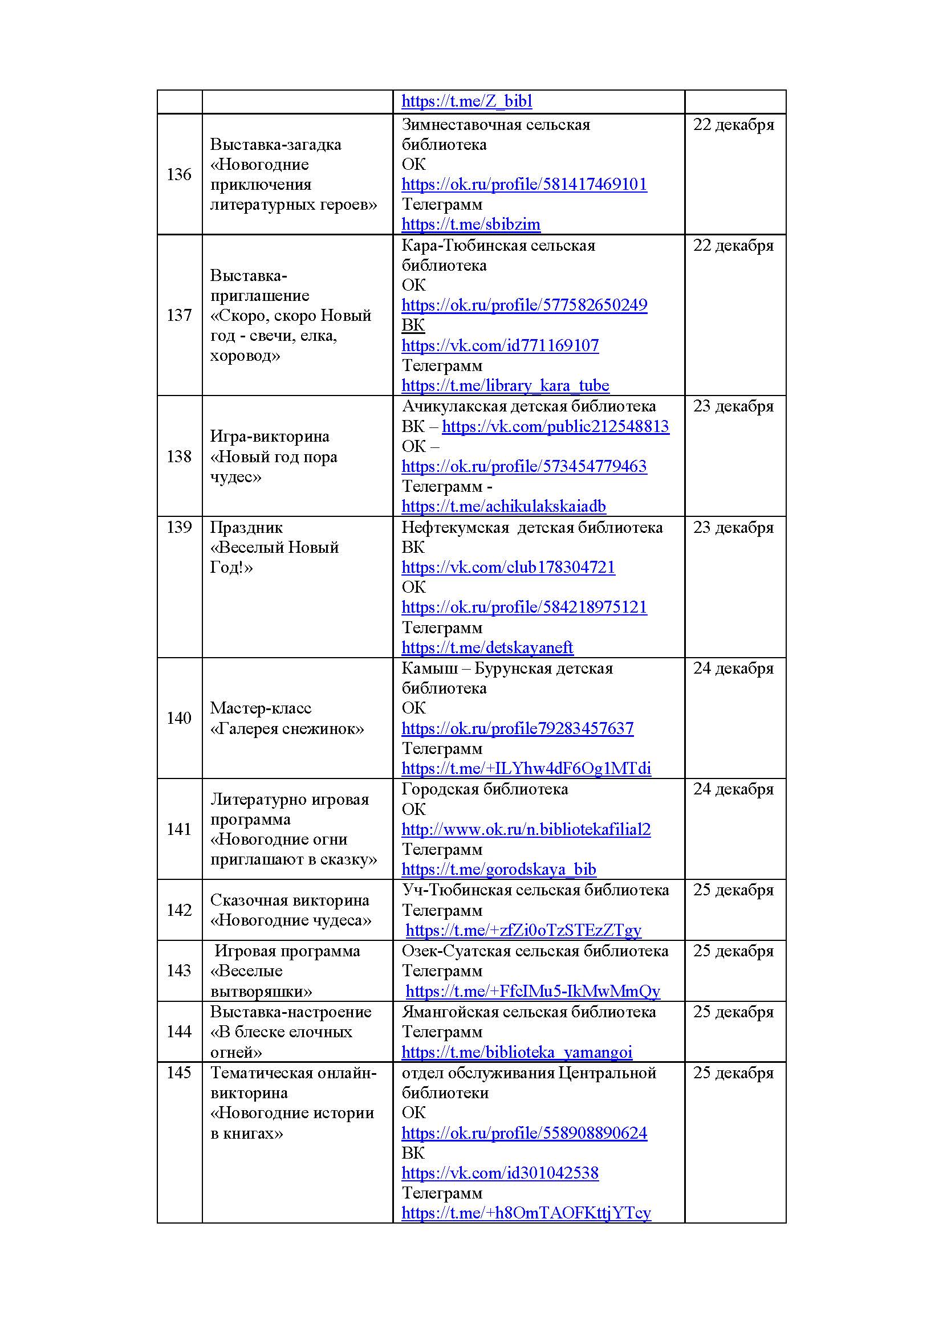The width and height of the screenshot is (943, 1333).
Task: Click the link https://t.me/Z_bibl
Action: pos(466,101)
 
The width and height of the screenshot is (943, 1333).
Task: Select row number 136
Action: pos(179,174)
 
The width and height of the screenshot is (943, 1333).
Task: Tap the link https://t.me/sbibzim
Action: pos(470,224)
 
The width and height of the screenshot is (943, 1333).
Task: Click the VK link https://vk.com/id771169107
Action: pos(499,345)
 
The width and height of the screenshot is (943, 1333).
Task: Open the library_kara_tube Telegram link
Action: pos(505,385)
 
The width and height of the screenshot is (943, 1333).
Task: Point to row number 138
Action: pos(179,456)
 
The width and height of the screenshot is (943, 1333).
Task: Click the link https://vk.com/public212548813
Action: pos(555,426)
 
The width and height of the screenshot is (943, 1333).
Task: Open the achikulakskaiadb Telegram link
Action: pos(503,506)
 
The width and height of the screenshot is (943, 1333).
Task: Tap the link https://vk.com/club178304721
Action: pos(507,567)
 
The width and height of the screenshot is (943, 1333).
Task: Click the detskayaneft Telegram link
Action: pos(486,647)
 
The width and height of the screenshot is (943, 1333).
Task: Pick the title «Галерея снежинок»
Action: pos(287,729)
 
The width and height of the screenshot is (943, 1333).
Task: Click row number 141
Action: pos(179,829)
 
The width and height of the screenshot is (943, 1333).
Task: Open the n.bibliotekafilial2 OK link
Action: pos(526,829)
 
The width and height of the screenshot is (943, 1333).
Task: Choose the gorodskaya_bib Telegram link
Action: pos(498,869)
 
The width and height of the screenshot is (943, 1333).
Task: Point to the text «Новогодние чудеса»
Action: pos(290,920)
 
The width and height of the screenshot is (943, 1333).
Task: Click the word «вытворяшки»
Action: pos(261,991)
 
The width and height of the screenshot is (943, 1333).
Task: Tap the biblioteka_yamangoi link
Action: pos(516,1052)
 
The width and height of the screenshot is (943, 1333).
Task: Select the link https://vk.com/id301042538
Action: pos(499,1173)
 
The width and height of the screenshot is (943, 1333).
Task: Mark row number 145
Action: pos(179,1073)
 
